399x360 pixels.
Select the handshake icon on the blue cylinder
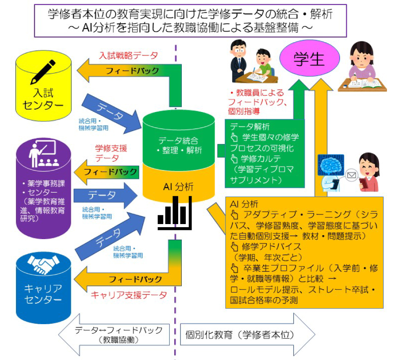(x=43, y=264)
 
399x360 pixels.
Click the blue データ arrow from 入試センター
(x=113, y=114)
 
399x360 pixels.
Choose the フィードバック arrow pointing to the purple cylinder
(x=106, y=171)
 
